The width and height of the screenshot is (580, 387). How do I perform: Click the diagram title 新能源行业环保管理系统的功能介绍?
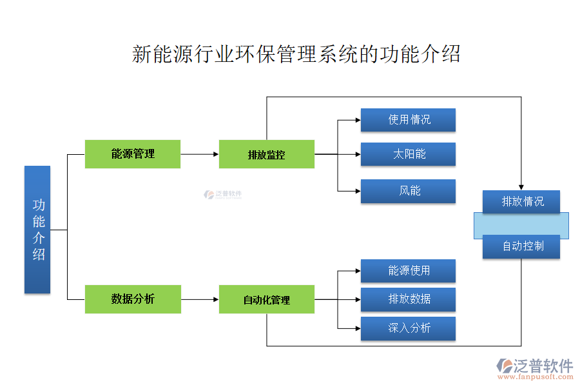pos(296,54)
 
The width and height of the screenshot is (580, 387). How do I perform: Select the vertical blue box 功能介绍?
pos(37,230)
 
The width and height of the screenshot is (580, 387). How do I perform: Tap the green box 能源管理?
pos(133,154)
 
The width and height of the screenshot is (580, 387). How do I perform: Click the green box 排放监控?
pos(267,154)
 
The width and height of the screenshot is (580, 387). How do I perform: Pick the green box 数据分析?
pos(133,299)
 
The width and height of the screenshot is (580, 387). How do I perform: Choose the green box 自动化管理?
pos(267,299)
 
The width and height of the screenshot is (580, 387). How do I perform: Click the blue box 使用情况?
pos(408,120)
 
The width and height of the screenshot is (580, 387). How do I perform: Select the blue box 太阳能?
pos(408,154)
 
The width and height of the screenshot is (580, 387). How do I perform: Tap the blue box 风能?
pos(408,191)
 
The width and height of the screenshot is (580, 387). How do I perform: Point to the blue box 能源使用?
pos(408,271)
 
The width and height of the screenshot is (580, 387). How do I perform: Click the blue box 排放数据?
pos(408,299)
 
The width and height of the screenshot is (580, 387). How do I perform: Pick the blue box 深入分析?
pos(408,328)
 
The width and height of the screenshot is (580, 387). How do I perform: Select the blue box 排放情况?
pos(521,201)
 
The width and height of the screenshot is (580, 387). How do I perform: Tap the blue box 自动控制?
pos(521,246)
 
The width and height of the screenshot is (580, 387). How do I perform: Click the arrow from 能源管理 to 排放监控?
pos(199,154)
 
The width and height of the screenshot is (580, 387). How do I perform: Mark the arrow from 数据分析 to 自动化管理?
pos(199,299)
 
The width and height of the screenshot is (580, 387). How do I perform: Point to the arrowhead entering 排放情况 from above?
pos(521,186)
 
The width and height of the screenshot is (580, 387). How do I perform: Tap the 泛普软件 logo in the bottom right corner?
pos(534,368)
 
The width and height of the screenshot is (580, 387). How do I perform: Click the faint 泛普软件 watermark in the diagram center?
pos(222,194)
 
